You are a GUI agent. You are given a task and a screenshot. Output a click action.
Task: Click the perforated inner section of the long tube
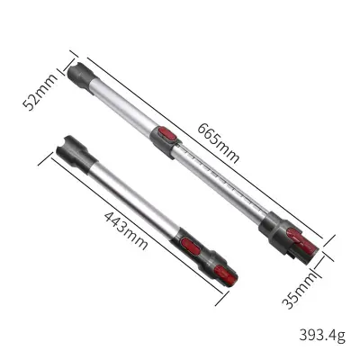point(216,176)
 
